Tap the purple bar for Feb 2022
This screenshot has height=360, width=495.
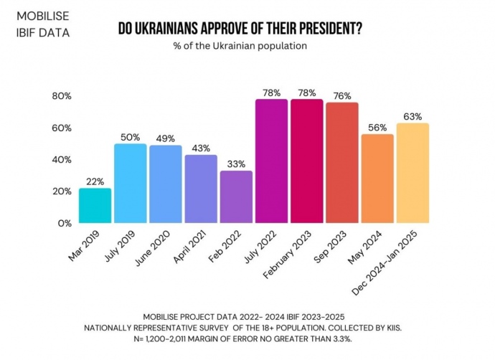tap(236, 196)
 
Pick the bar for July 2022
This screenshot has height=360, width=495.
tap(271, 161)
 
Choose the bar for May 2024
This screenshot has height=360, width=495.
tap(377, 179)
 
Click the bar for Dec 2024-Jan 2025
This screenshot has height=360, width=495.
tap(412, 173)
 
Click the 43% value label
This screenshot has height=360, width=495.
tap(201, 148)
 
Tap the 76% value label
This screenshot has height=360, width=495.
tap(342, 96)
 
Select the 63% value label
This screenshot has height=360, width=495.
tap(412, 117)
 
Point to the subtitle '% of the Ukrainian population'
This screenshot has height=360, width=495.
tap(240, 46)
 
